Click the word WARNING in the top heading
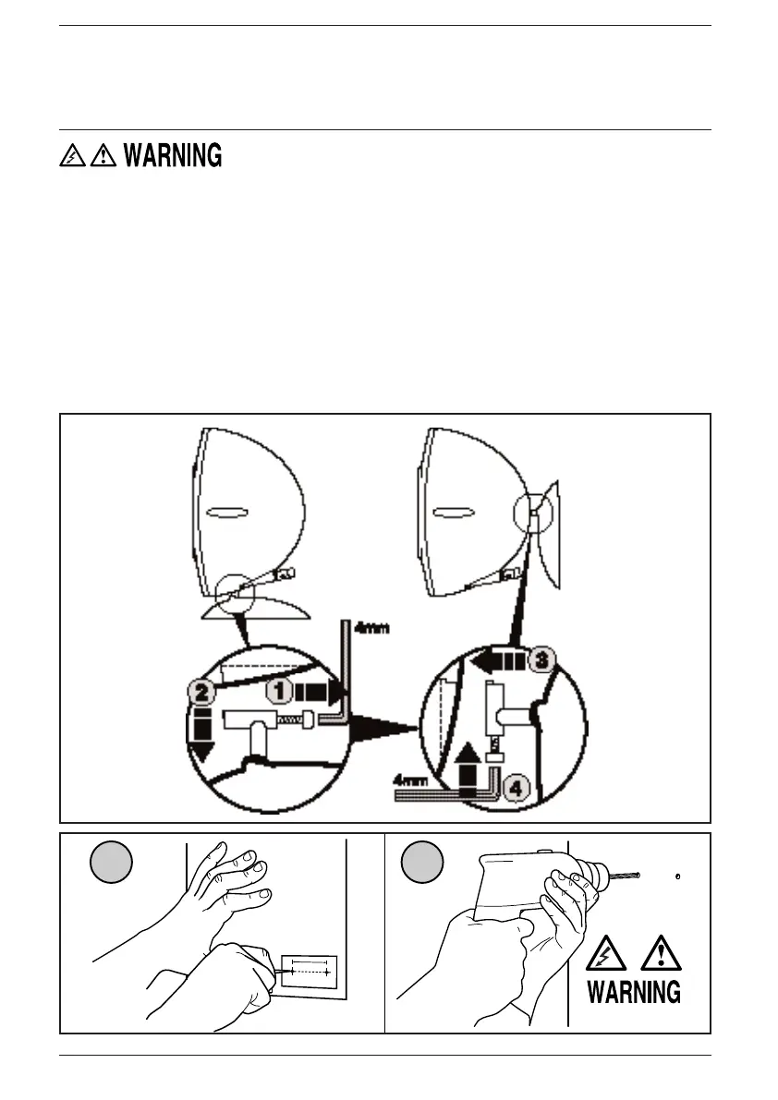[172, 156]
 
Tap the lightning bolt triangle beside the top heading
[70, 157]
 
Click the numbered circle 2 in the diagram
[205, 691]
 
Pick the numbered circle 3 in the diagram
[543, 659]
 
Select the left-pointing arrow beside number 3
[496, 659]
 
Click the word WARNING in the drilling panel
[635, 992]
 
